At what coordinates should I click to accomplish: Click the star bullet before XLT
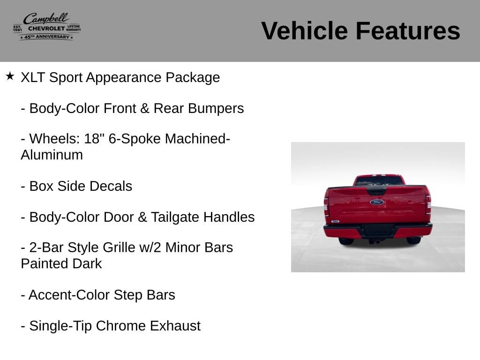click(10, 76)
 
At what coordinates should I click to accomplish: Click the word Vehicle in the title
click(304, 30)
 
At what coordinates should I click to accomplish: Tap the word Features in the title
click(408, 30)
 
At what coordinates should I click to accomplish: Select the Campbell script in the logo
click(46, 18)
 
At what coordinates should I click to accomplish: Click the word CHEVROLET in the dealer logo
click(46, 29)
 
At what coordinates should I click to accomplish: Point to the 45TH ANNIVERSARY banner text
click(46, 37)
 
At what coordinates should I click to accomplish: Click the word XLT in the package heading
click(33, 77)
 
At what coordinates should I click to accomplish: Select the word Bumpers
click(216, 108)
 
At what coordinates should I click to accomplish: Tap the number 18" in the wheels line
click(92, 138)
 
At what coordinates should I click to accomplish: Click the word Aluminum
click(52, 155)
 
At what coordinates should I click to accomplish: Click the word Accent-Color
click(69, 295)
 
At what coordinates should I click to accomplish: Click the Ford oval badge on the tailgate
click(377, 202)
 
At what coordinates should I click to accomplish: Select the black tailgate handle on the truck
click(376, 191)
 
